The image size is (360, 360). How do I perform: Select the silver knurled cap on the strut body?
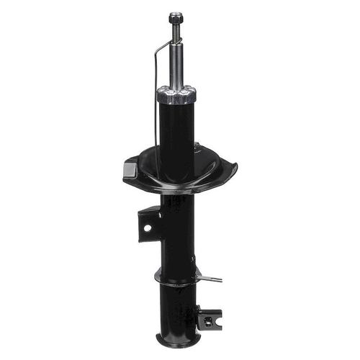pos(176,93)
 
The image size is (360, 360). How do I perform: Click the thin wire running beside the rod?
pos(155,108)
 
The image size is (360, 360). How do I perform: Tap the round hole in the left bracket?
pos(147,228)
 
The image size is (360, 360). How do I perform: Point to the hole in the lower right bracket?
pos(209,319)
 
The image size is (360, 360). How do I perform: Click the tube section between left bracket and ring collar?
pos(177,245)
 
